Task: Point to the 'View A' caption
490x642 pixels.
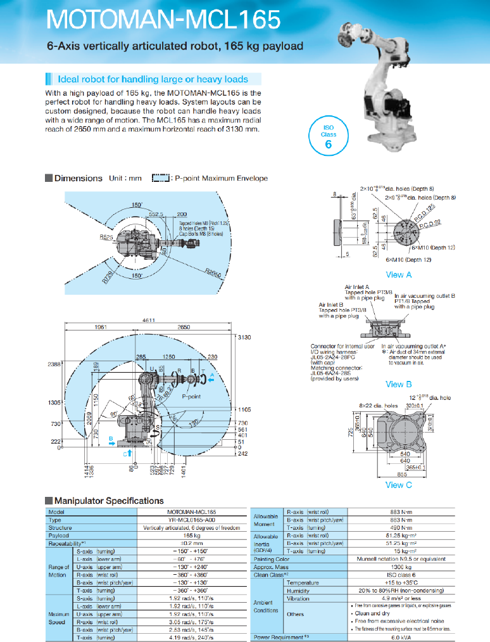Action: [399, 275]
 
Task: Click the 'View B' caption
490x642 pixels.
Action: [399, 384]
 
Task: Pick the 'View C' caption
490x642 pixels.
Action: [399, 485]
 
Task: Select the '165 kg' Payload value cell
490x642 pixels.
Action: [192, 536]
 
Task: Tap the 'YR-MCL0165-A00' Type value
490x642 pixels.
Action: [192, 520]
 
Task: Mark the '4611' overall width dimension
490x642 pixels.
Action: [148, 321]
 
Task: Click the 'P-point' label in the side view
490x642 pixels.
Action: [191, 396]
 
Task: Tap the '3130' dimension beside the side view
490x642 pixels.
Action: [244, 337]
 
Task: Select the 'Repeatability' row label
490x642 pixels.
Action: [66, 544]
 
